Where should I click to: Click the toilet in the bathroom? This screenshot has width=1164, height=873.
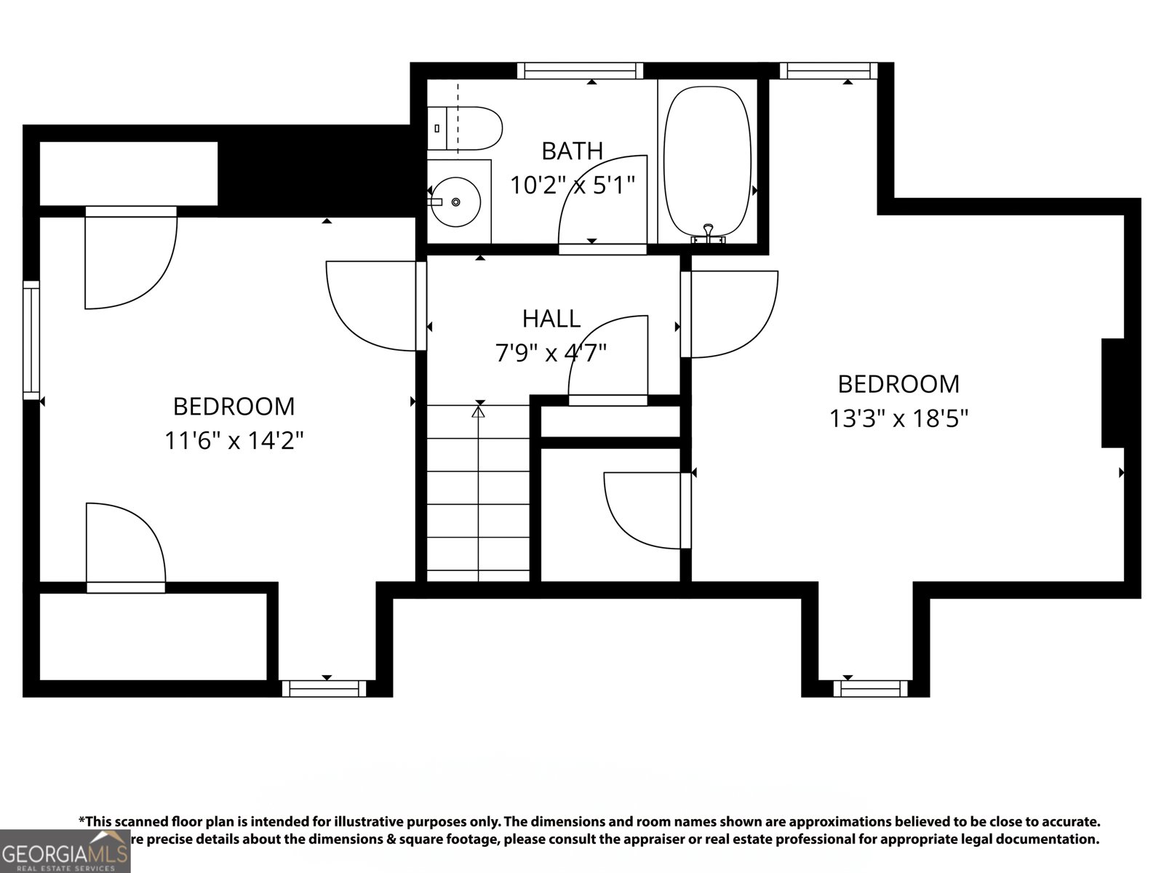point(466,129)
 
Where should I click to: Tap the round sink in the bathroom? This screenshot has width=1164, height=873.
point(455,202)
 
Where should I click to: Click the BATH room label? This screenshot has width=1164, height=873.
point(572,151)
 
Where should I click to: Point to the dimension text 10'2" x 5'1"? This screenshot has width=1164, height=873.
point(572,186)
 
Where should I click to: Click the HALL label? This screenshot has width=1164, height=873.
point(551,319)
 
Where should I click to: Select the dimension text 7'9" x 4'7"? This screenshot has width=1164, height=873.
point(551,354)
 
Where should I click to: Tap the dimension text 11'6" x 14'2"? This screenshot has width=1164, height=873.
point(234,441)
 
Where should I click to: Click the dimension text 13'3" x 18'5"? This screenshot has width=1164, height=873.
point(898,419)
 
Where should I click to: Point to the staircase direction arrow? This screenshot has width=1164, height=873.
point(478,412)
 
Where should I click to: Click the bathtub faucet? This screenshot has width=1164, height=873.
point(708,234)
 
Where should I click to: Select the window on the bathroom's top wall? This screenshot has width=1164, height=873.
point(580,71)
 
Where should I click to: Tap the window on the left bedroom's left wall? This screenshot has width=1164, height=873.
point(31,340)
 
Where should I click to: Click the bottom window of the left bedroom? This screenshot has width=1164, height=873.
point(324,687)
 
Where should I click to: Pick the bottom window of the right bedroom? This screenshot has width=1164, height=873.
point(870,687)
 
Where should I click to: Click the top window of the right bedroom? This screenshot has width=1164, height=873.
point(828,71)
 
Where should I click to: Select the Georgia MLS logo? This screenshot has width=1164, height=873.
point(64,851)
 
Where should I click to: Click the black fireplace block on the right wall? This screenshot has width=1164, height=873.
point(1113,393)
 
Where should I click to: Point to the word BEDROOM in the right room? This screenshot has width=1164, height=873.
point(898,384)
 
